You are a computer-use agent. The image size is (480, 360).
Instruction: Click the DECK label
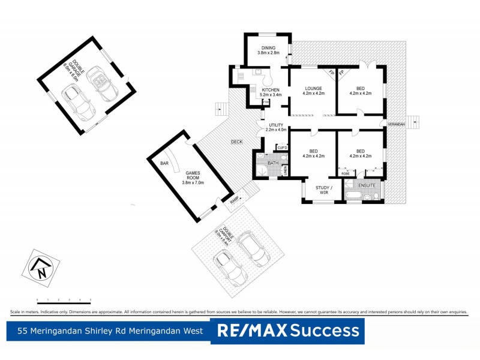point(237,142)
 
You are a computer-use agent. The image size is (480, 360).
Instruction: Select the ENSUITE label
point(367,185)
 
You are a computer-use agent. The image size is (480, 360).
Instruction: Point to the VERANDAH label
point(396,124)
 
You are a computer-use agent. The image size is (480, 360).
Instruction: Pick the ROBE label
point(346,173)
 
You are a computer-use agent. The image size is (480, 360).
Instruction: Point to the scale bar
point(64,299)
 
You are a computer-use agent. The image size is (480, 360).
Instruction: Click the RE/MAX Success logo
point(288,331)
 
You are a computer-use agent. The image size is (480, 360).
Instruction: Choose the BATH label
point(273,163)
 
